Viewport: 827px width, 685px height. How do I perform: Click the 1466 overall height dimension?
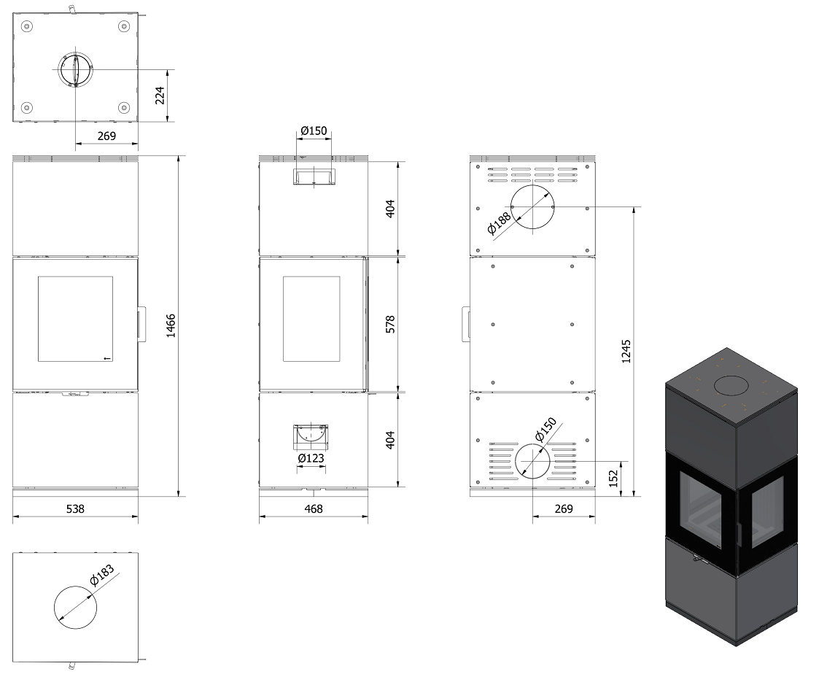pyautogui.click(x=171, y=325)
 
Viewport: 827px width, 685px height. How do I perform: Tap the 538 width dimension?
pyautogui.click(x=75, y=508)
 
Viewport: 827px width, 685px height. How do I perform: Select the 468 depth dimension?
pyautogui.click(x=314, y=508)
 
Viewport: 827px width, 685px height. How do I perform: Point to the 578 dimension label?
pyautogui.click(x=390, y=325)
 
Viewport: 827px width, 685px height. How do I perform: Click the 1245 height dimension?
pyautogui.click(x=626, y=351)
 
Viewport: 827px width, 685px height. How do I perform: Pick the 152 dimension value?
pyautogui.click(x=613, y=479)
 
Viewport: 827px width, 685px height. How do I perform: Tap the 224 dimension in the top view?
pyautogui.click(x=160, y=96)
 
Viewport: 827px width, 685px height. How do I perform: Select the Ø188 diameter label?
pyautogui.click(x=499, y=222)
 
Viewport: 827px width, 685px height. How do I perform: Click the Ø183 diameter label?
pyautogui.click(x=102, y=576)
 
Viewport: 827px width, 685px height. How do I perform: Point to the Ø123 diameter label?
pyautogui.click(x=311, y=458)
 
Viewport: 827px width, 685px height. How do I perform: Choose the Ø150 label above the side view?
pyautogui.click(x=314, y=131)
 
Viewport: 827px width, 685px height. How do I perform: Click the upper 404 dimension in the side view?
pyautogui.click(x=390, y=209)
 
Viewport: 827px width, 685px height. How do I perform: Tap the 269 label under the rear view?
pyautogui.click(x=564, y=508)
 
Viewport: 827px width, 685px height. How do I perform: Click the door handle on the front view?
pyautogui.click(x=142, y=324)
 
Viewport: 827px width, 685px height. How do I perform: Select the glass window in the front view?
pyautogui.click(x=75, y=319)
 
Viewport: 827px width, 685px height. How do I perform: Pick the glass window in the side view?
pyautogui.click(x=311, y=319)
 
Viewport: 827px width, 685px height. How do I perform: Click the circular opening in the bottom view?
pyautogui.click(x=75, y=607)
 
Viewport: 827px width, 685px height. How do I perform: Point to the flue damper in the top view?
pyautogui.click(x=76, y=69)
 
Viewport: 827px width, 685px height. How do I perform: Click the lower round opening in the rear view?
pyautogui.click(x=532, y=461)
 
